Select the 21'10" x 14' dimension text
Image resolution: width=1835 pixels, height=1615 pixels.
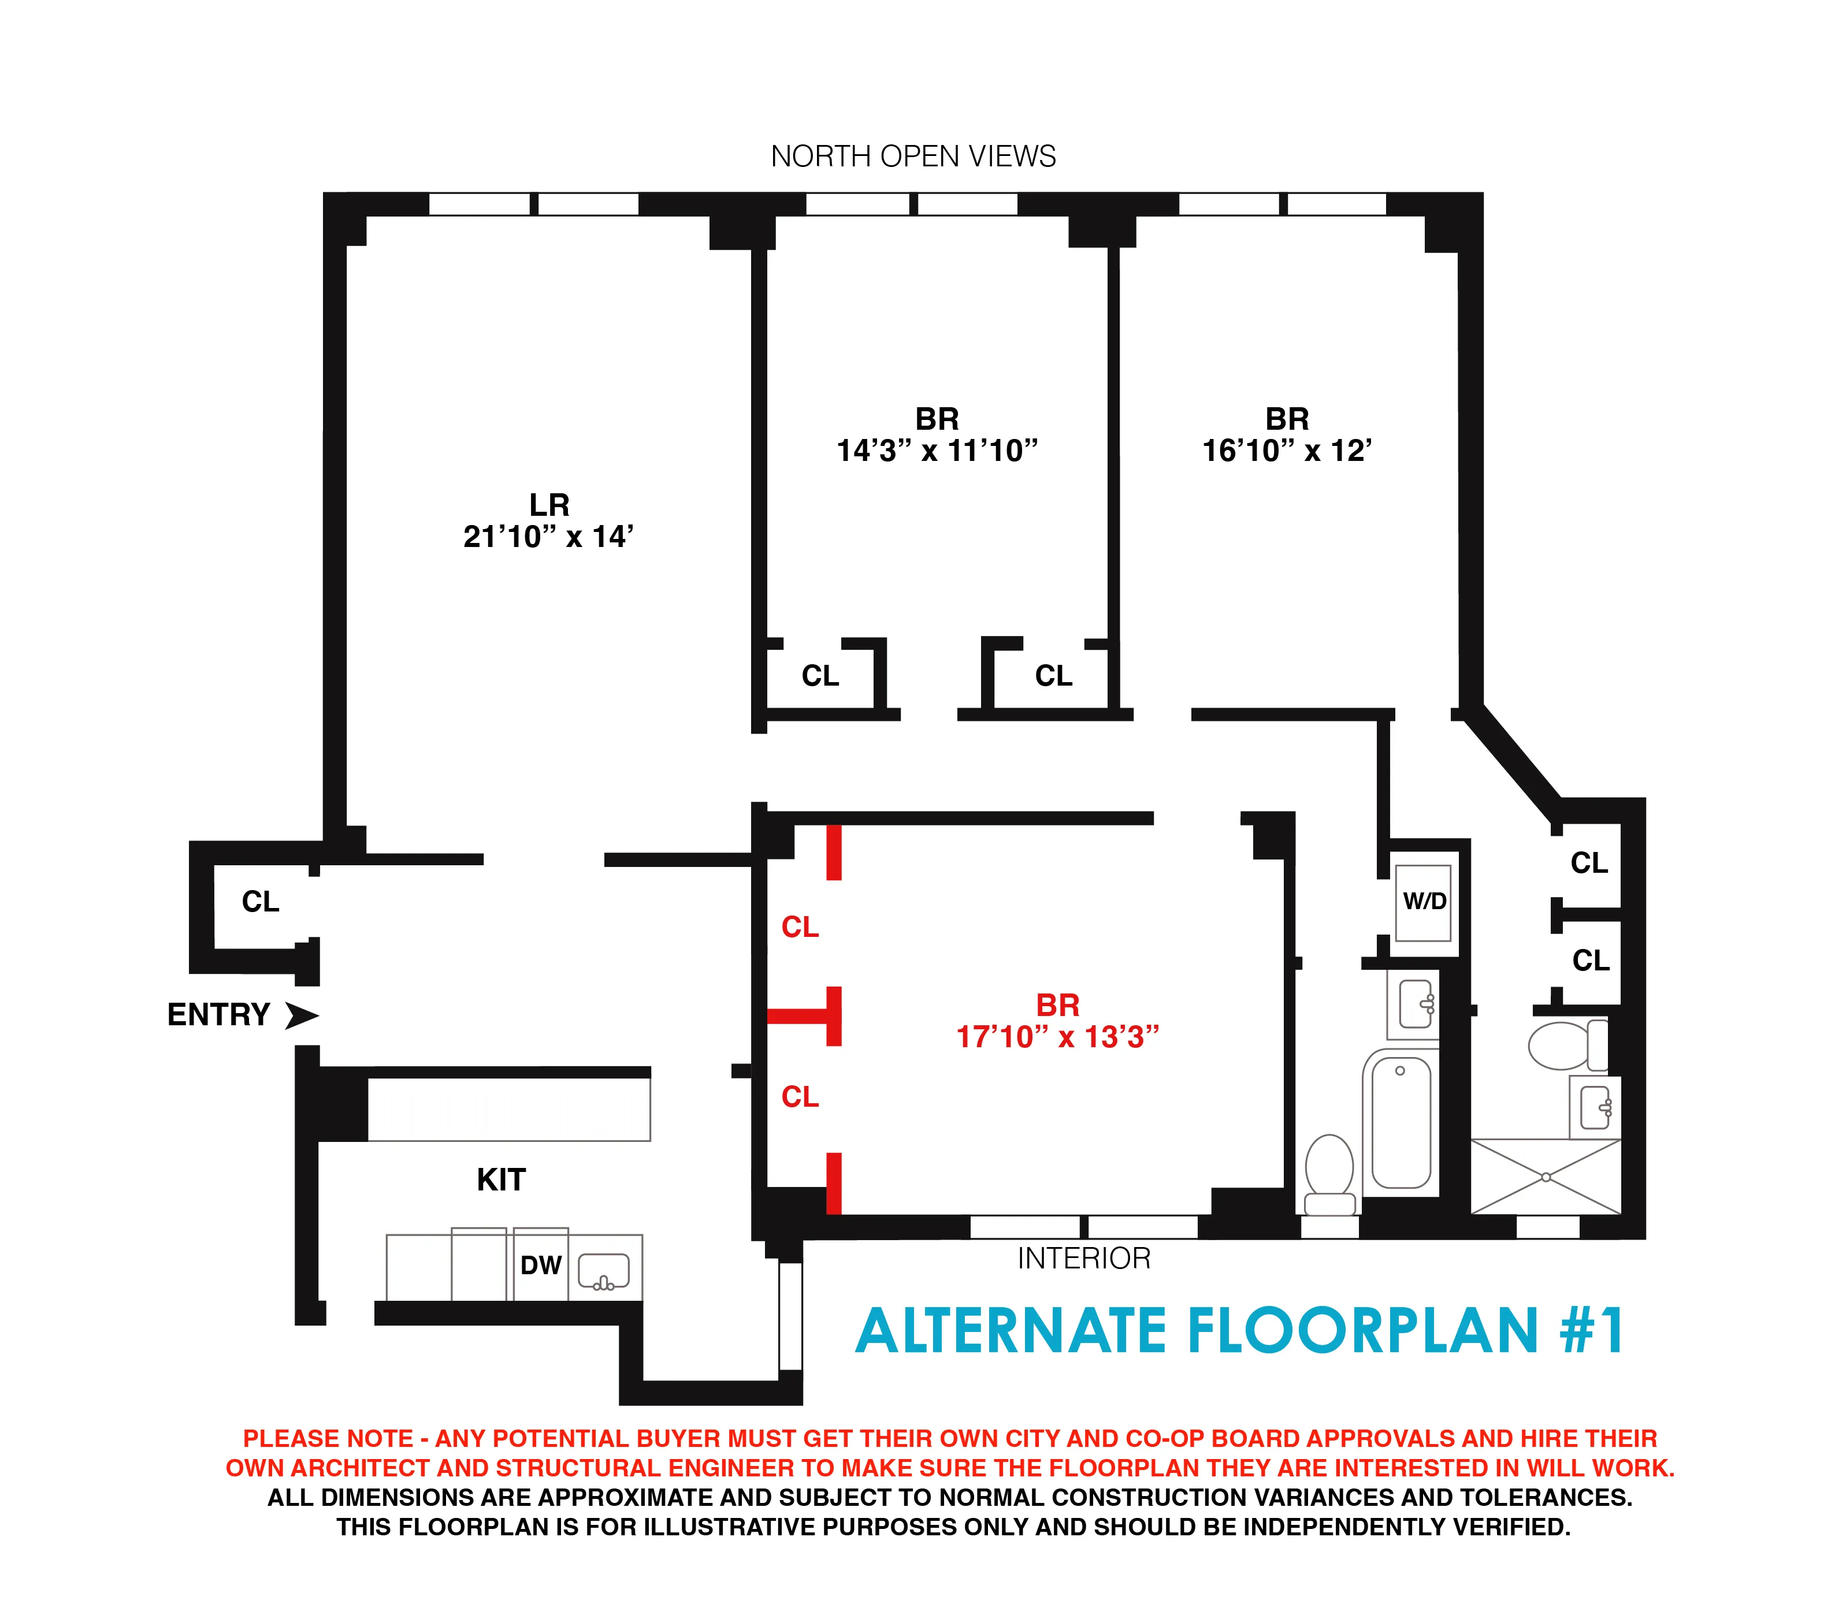[548, 537]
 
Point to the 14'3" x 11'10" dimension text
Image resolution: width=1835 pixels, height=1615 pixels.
[937, 451]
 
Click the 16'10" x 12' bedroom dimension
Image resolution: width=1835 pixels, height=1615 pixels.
[1287, 451]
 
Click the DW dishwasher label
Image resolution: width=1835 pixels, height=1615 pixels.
[540, 1265]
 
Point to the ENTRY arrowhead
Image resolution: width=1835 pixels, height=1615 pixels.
[302, 1015]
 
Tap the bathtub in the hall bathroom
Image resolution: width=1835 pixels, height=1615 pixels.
[1401, 1122]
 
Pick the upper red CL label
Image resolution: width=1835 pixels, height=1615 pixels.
[800, 926]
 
